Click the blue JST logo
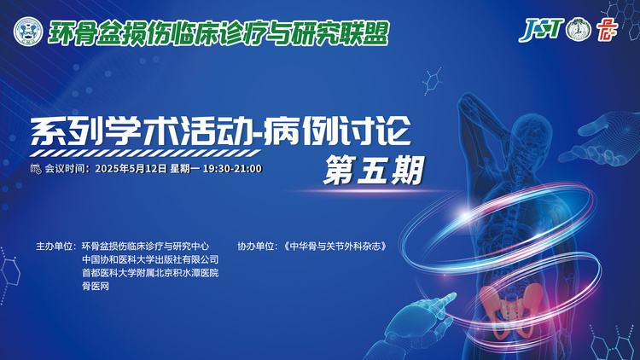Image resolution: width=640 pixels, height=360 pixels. click(541, 29)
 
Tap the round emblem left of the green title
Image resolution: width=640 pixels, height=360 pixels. click(28, 32)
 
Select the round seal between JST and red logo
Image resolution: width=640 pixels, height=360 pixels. click(579, 29)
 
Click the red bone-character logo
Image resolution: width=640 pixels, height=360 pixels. click(607, 30)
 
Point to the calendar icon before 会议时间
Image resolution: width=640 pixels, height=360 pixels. click(36, 169)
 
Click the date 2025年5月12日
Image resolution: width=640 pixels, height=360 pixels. click(131, 169)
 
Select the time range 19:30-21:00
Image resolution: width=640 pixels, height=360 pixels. click(232, 169)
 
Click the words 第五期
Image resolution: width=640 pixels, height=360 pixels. click(374, 171)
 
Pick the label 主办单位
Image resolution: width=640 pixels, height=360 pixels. click(55, 247)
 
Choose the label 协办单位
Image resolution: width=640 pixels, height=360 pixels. click(256, 247)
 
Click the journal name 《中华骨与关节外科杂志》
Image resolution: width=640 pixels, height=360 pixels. click(335, 247)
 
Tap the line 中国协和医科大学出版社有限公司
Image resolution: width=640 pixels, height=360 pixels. click(150, 259)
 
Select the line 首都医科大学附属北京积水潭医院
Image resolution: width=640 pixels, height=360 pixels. click(150, 273)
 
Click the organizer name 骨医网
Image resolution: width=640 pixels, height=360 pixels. click(96, 286)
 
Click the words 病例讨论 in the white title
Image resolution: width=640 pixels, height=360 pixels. click(337, 131)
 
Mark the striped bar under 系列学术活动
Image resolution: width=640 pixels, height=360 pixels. click(145, 154)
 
